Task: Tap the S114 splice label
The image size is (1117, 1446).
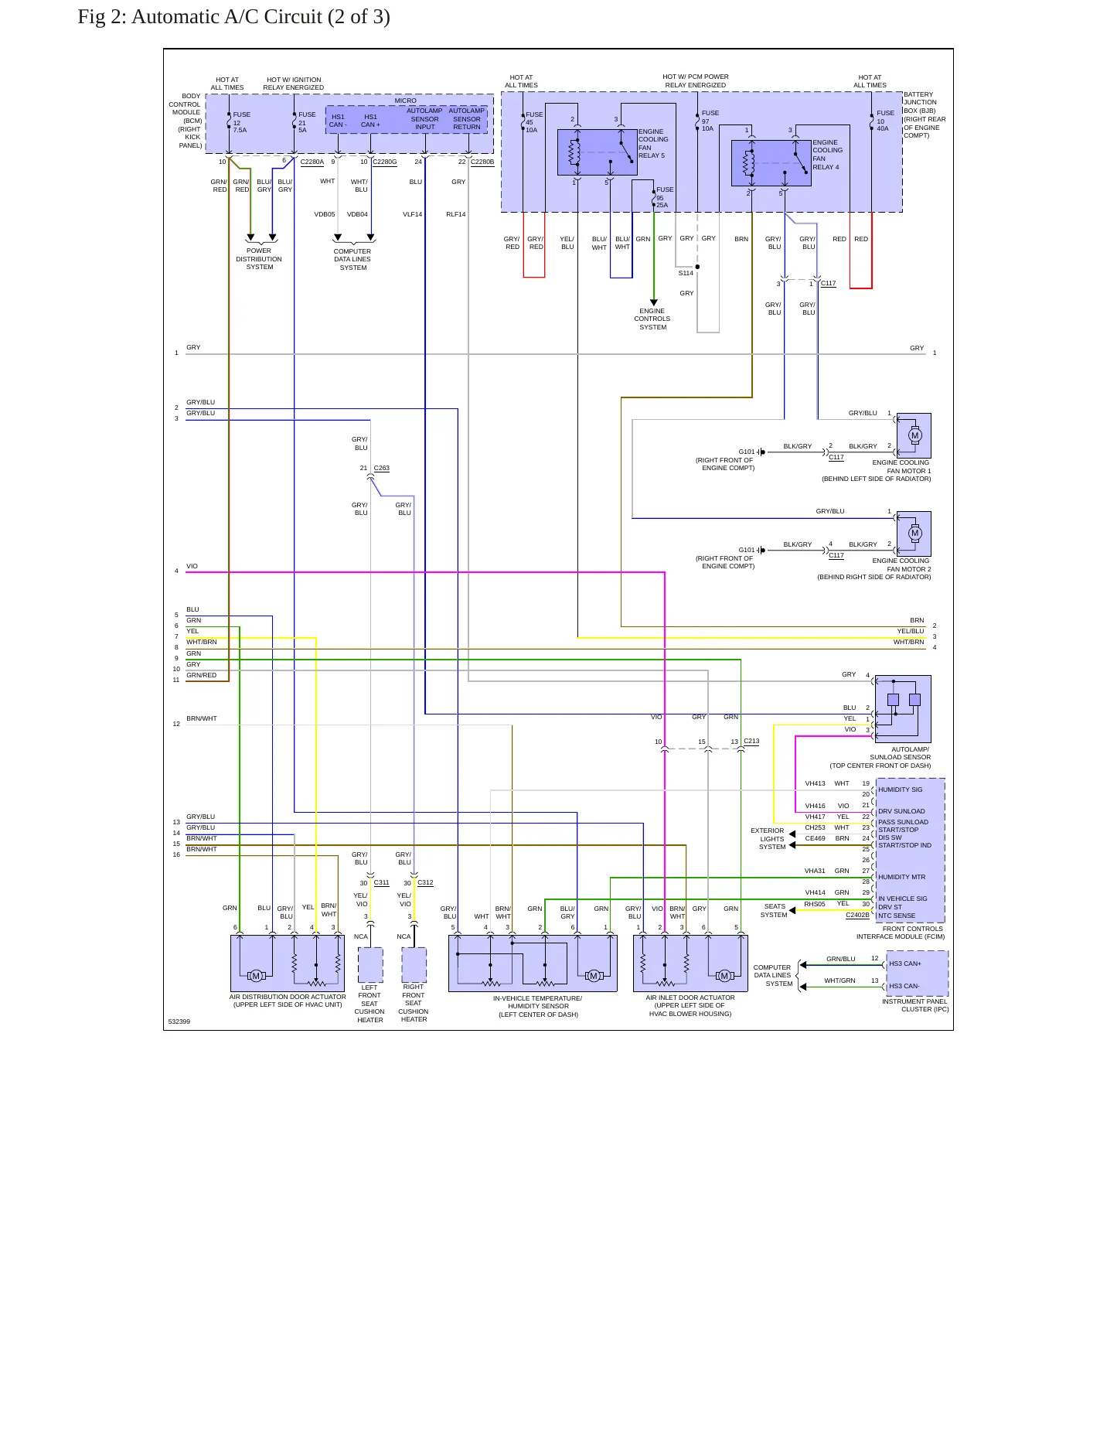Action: tap(686, 273)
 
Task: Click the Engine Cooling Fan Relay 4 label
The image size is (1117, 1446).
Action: tap(827, 155)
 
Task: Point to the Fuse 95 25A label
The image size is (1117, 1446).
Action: tap(665, 197)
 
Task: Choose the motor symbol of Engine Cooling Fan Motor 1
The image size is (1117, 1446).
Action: tap(915, 435)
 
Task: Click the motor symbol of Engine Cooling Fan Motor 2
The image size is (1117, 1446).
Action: tap(915, 533)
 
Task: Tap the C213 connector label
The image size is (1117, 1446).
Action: tap(751, 741)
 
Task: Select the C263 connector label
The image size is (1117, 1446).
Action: tap(382, 468)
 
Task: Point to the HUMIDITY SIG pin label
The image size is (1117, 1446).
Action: tap(901, 790)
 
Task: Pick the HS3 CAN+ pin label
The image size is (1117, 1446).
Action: tap(905, 963)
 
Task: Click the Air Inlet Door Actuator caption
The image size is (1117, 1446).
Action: tap(690, 1005)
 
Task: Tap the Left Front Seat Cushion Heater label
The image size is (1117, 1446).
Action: tap(369, 1004)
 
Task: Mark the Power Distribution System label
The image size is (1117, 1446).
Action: tap(259, 259)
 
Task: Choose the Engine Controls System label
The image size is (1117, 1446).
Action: tap(652, 319)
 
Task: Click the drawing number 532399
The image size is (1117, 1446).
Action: tap(179, 1021)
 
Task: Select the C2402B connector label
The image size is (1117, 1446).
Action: tap(857, 915)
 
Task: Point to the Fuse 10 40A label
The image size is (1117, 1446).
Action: tap(886, 121)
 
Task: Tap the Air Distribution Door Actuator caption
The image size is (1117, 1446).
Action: tap(288, 1001)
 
